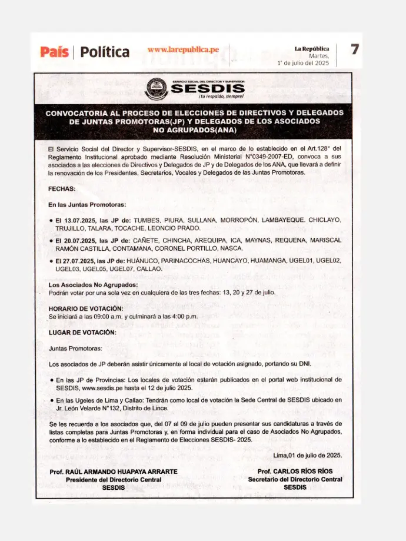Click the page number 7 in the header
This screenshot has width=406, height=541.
pyautogui.click(x=355, y=50)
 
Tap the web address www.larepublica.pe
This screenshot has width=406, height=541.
pyautogui.click(x=183, y=49)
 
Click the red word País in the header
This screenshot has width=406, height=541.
pyautogui.click(x=55, y=52)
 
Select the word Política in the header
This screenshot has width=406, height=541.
pyautogui.click(x=105, y=52)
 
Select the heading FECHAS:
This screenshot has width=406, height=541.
pyautogui.click(x=62, y=189)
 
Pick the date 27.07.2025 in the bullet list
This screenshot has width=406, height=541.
pyautogui.click(x=76, y=260)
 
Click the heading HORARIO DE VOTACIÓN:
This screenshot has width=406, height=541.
pyautogui.click(x=86, y=308)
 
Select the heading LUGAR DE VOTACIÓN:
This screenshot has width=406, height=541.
pyautogui.click(x=82, y=332)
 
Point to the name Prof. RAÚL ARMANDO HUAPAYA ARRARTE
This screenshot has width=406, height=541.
pyautogui.click(x=114, y=472)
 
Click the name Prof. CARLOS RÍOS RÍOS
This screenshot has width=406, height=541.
pyautogui.click(x=295, y=472)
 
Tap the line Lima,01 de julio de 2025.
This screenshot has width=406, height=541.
pyautogui.click(x=307, y=455)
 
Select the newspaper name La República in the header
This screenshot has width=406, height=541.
pyautogui.click(x=312, y=48)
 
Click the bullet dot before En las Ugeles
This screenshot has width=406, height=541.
pyautogui.click(x=52, y=400)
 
